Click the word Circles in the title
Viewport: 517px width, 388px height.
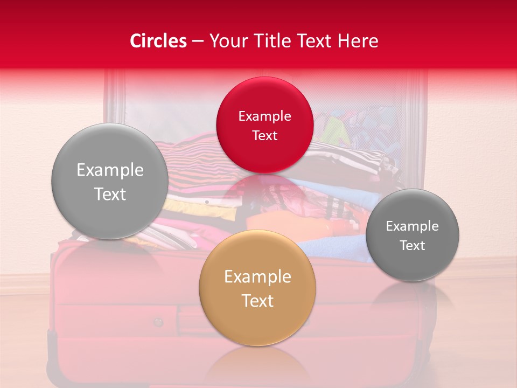click(x=158, y=41)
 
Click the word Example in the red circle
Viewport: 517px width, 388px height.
click(x=264, y=116)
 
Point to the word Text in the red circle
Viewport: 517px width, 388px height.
click(x=264, y=136)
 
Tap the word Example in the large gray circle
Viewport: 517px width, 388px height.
click(x=110, y=170)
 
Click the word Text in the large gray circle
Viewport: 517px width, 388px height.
click(x=110, y=195)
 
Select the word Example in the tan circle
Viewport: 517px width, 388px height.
click(x=257, y=277)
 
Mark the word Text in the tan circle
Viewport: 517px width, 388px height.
click(x=257, y=301)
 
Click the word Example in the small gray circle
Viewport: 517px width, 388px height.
click(x=412, y=226)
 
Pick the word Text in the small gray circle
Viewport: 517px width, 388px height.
click(x=412, y=246)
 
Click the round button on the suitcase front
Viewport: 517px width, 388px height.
click(x=158, y=322)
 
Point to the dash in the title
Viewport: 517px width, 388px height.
click(x=198, y=41)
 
